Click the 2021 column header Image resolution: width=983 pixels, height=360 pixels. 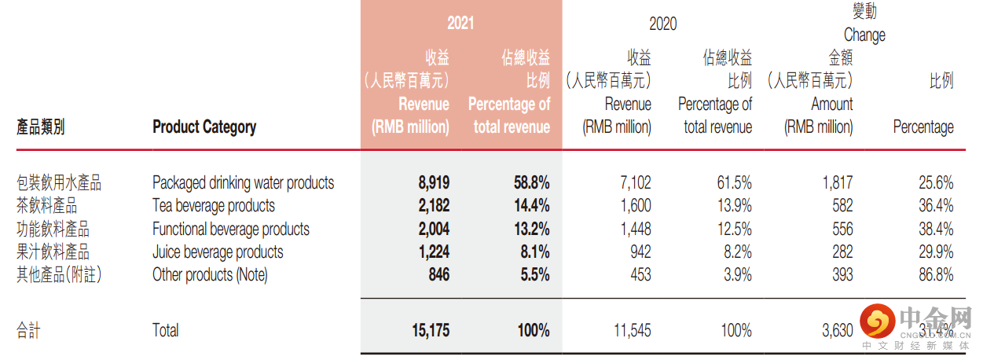[x=460, y=24]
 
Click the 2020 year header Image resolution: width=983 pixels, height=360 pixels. [x=662, y=24]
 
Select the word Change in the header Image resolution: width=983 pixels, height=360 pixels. [x=864, y=35]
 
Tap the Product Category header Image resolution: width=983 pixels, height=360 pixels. [x=204, y=127]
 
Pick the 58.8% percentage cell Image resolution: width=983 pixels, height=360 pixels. [x=531, y=183]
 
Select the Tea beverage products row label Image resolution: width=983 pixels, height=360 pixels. [x=214, y=206]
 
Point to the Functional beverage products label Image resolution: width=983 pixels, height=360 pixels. [x=231, y=230]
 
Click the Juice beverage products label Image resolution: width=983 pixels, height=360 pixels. [x=218, y=252]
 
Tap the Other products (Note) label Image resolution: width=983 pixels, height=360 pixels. [x=210, y=275]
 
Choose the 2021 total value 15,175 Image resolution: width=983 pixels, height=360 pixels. [x=430, y=330]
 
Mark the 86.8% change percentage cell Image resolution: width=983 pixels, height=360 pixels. [x=935, y=275]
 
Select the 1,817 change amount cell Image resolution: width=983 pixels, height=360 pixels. [x=837, y=183]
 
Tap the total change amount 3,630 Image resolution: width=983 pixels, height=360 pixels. [x=837, y=330]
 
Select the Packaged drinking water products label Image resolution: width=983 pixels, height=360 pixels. [x=243, y=183]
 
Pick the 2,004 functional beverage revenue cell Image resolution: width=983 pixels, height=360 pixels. [x=434, y=230]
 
